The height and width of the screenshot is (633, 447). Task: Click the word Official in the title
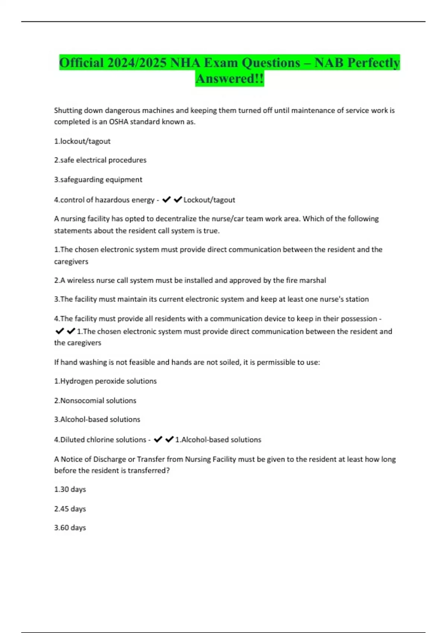[x=82, y=63]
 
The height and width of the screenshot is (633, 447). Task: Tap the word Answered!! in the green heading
[x=229, y=79]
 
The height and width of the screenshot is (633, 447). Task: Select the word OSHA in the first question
[x=118, y=122]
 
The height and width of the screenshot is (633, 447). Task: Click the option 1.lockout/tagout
[x=82, y=141]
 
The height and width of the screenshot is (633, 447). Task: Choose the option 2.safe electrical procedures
[x=100, y=160]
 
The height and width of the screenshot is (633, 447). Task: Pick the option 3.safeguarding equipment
[x=98, y=179]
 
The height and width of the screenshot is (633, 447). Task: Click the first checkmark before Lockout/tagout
[x=167, y=200]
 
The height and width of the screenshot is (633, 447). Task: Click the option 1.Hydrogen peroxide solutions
[x=105, y=381]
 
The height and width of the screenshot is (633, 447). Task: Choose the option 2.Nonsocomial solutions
[x=95, y=400]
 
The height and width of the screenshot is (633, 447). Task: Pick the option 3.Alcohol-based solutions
[x=97, y=419]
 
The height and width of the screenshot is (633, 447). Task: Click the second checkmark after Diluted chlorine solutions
[x=169, y=439]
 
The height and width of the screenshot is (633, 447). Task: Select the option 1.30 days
[x=70, y=489]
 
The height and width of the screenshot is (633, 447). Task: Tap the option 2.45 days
[x=70, y=509]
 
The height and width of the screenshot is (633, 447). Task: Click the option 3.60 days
[x=70, y=528]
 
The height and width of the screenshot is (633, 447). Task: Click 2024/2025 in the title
[x=137, y=63]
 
